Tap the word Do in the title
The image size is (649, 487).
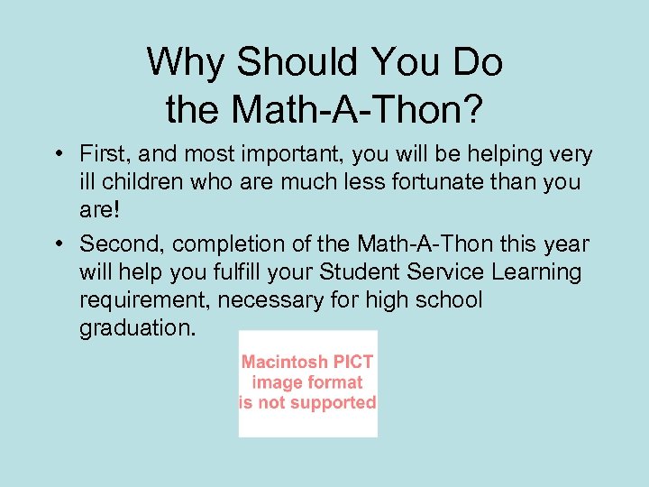pos(478,62)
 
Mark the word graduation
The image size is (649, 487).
pos(135,326)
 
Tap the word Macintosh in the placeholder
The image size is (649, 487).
pos(285,362)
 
